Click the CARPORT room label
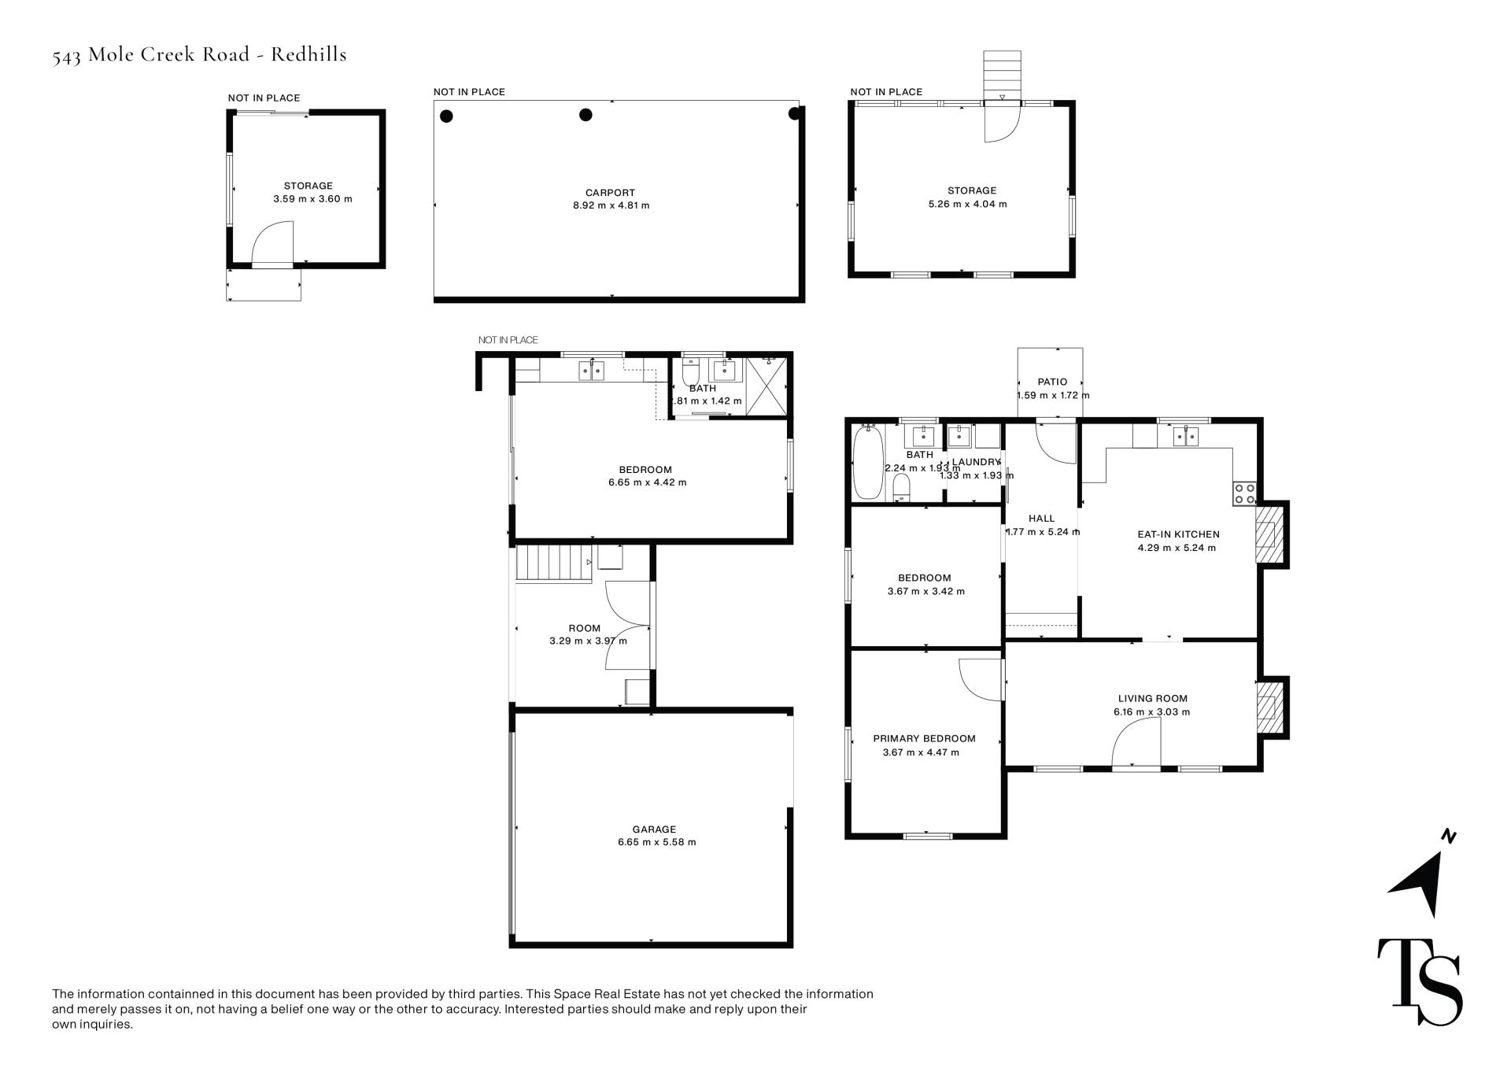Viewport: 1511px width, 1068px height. tap(610, 193)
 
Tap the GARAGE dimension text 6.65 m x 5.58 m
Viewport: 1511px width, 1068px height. tap(656, 842)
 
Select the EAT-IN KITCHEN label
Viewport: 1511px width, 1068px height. tap(1178, 534)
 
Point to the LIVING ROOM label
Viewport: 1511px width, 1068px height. tap(1153, 698)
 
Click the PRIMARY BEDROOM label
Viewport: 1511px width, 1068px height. tap(924, 738)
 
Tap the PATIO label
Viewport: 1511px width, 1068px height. tap(1052, 382)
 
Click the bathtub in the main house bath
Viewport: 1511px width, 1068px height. tap(868, 462)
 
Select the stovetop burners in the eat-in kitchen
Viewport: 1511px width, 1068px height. tap(1245, 493)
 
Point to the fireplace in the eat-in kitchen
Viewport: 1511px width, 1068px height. tap(1268, 534)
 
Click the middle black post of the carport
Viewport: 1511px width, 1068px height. tap(586, 115)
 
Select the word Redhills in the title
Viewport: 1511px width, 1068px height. tap(308, 54)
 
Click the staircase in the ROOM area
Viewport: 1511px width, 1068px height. tap(553, 564)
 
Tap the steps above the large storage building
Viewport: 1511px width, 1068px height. tap(1002, 76)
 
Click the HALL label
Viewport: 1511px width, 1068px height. tap(1041, 519)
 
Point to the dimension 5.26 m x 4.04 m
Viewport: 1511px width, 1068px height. tap(967, 204)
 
